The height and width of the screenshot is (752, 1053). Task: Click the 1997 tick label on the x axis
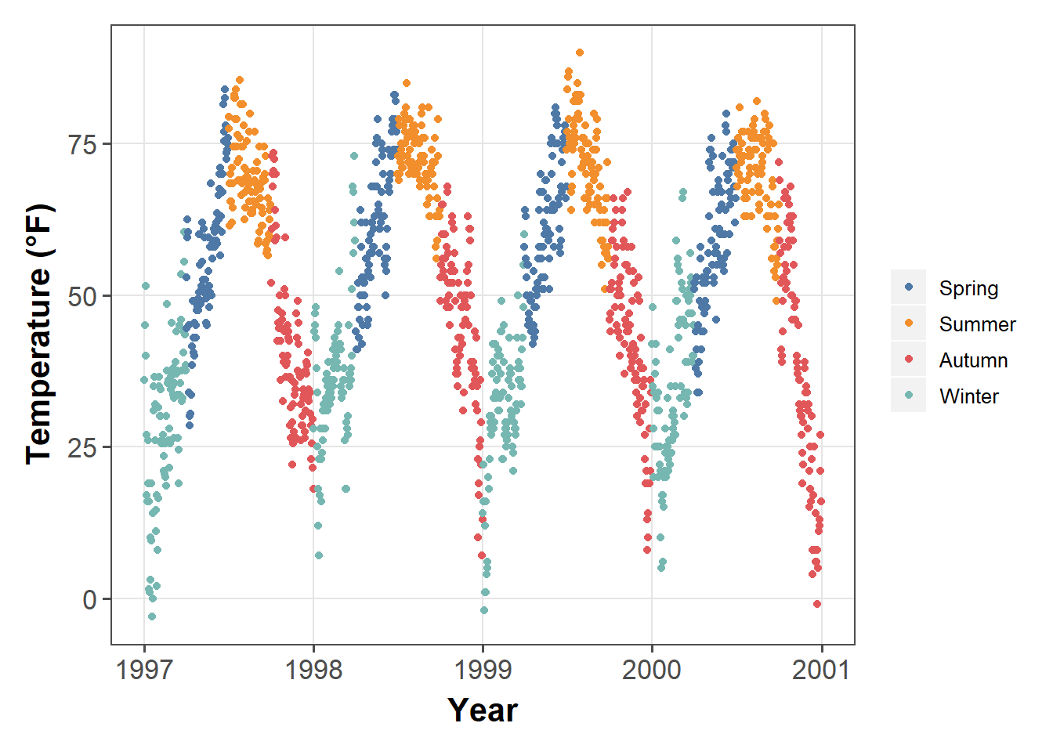point(144,671)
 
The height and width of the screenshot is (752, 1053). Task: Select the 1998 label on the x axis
point(313,671)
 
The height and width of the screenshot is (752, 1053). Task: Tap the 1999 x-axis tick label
point(483,671)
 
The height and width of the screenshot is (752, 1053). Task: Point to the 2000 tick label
point(652,671)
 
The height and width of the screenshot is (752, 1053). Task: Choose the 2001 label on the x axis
point(821,671)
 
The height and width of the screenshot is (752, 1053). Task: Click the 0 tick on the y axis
point(90,600)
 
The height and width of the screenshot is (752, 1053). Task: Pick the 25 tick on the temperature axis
point(84,448)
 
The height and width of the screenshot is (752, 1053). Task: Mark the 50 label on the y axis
point(84,297)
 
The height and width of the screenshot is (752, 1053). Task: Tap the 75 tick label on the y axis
point(84,145)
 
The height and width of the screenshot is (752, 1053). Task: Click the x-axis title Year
point(483,710)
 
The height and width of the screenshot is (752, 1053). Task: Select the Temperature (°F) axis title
point(40,334)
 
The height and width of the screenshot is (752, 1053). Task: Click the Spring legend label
point(968,288)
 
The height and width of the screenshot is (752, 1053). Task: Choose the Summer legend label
point(977,324)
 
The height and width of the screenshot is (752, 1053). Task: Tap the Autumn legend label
point(973,360)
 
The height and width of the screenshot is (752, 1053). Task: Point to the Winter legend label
point(968,396)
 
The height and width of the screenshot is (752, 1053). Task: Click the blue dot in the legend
point(909,287)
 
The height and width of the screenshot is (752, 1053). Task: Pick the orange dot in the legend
point(909,324)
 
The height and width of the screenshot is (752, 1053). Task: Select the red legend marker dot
point(909,360)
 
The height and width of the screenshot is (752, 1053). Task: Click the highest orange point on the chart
point(580,52)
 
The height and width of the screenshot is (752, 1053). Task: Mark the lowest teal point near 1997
point(152,616)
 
